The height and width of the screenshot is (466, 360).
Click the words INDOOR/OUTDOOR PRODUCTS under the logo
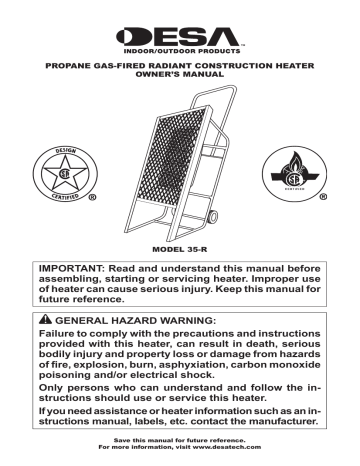click(179, 48)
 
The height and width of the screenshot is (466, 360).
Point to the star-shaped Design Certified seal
click(68, 176)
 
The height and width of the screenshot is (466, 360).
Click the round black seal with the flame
click(292, 174)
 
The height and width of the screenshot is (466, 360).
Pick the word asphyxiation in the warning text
click(196, 370)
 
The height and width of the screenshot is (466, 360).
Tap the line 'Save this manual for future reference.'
click(180, 448)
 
